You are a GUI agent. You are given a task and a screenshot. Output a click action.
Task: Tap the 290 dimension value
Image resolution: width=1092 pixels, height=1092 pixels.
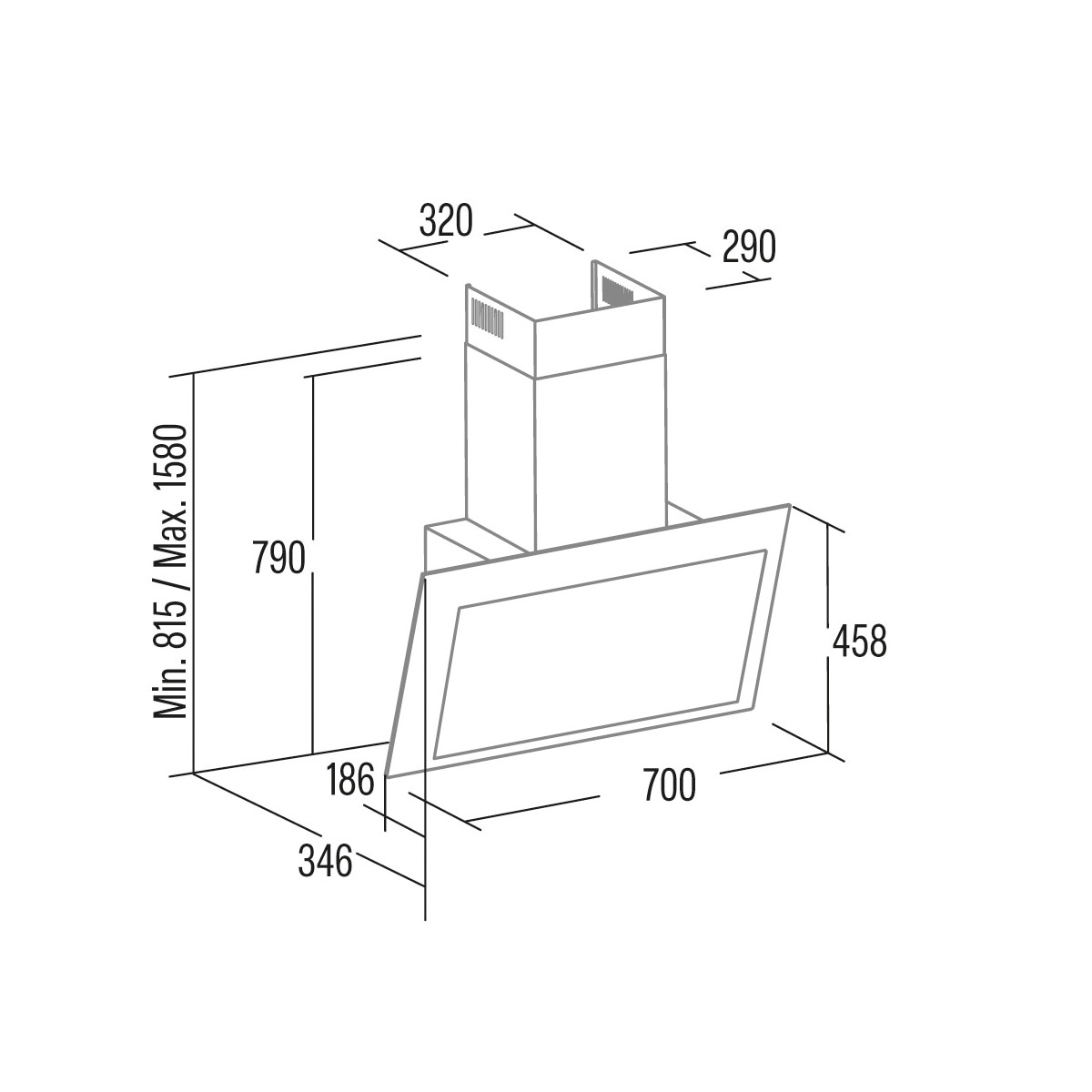[749, 248]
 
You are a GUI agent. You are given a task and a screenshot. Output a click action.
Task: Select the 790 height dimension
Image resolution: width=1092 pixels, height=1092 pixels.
[278, 558]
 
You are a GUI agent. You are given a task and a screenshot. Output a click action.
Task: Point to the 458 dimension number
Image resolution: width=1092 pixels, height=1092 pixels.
[859, 641]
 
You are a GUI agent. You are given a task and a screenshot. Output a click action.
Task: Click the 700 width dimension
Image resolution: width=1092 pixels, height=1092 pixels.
[669, 784]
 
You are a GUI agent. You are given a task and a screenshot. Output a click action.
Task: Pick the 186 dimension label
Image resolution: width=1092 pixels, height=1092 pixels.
[349, 779]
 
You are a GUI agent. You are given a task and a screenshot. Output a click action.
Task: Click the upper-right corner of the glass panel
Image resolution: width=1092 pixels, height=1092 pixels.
[788, 504]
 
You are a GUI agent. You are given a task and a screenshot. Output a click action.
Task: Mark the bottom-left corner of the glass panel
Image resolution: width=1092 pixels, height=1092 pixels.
[387, 774]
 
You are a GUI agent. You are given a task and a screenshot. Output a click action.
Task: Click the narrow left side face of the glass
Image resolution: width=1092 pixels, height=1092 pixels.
[406, 674]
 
